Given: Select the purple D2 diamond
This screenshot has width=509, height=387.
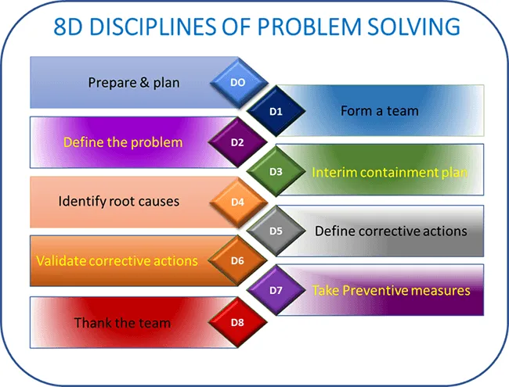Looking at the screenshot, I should (238, 142).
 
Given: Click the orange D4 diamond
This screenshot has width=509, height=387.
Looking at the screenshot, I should (238, 202).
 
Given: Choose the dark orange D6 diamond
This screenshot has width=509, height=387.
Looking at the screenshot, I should (238, 260).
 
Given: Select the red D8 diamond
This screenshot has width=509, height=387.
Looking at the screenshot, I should (238, 321).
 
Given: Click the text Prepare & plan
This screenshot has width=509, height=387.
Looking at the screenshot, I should (133, 82).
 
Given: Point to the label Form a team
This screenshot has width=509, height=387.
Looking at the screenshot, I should (379, 111).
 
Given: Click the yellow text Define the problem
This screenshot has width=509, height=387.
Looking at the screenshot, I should (123, 142).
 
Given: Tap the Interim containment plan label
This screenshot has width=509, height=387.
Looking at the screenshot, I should (390, 172).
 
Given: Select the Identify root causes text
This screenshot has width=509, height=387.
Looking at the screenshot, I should (119, 202).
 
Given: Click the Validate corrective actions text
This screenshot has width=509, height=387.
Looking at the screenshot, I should (117, 260).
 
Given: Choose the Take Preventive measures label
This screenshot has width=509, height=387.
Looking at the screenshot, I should (391, 291).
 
